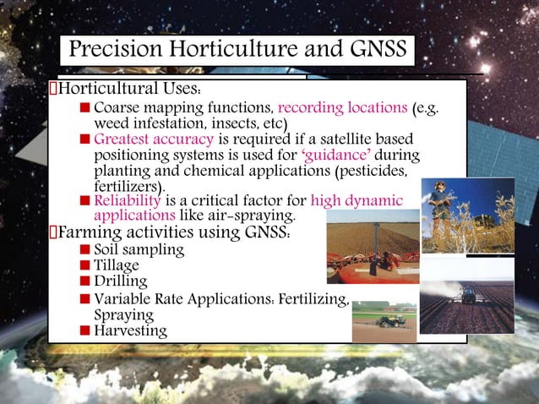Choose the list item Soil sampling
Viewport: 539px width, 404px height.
pyautogui.click(x=139, y=250)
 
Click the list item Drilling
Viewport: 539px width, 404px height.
pyautogui.click(x=121, y=281)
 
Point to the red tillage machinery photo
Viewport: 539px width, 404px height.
pyautogui.click(x=373, y=252)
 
